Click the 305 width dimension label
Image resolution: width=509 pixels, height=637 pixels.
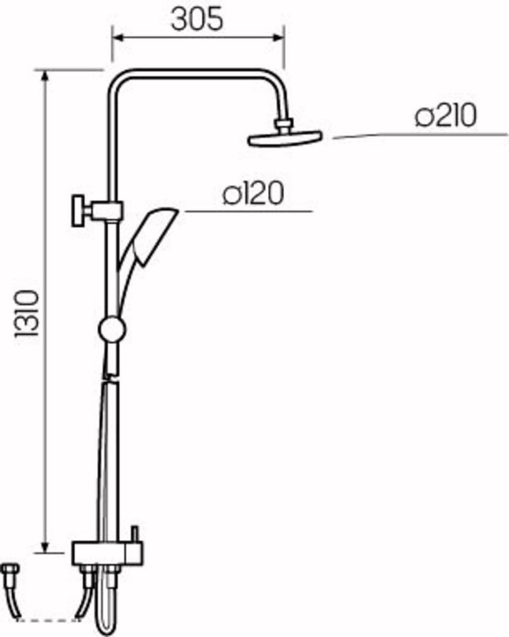[197, 20]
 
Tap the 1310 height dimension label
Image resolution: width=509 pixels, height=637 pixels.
[27, 313]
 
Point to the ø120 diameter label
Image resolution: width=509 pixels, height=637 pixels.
[253, 193]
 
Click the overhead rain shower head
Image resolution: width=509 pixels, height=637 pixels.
[285, 140]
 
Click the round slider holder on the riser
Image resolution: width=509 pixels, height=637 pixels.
[112, 329]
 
